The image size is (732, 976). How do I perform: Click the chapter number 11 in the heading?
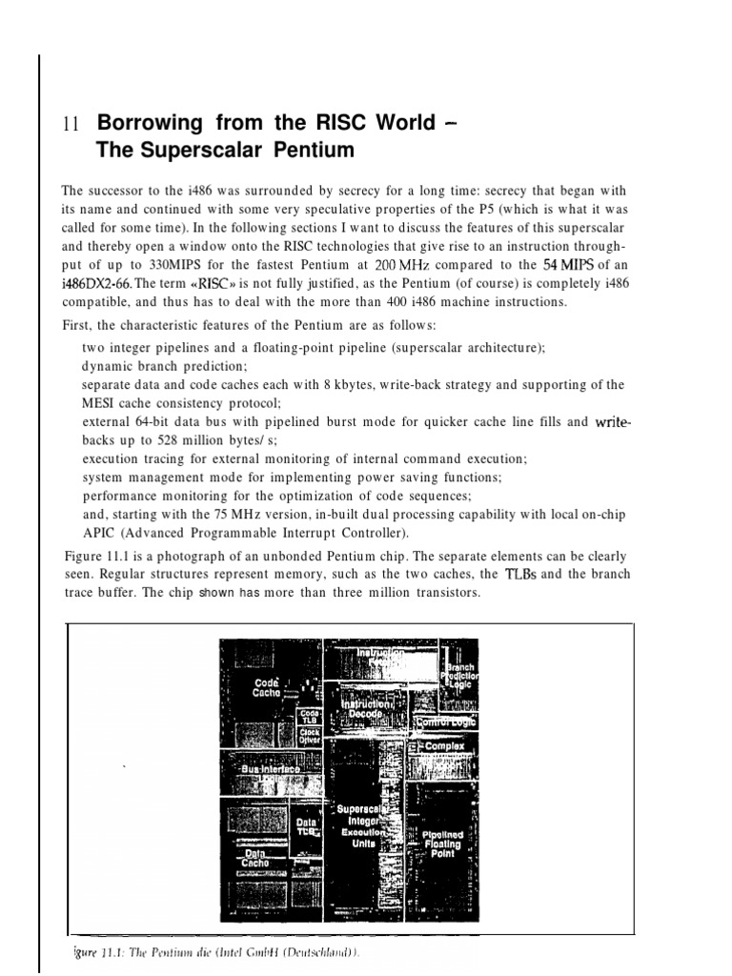point(68,124)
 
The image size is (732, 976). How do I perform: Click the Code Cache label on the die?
point(266,687)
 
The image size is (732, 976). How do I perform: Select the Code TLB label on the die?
point(309,716)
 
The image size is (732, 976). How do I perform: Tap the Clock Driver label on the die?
point(309,736)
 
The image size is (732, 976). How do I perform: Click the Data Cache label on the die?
point(254,859)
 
